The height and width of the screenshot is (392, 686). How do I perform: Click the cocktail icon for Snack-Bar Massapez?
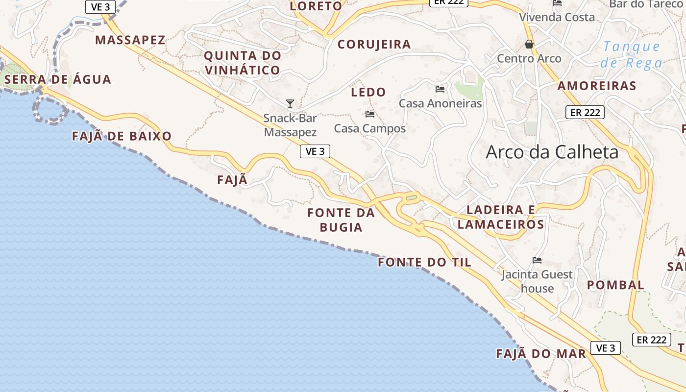290,104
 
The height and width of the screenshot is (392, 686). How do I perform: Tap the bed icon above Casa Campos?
370,114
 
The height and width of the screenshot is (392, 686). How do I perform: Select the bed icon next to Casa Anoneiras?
440,89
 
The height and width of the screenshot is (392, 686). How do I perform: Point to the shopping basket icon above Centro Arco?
529,45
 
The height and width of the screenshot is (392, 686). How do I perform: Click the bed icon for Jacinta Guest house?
537,260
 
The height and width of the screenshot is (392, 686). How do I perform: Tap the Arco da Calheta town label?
552,152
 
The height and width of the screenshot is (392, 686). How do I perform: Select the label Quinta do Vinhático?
243,63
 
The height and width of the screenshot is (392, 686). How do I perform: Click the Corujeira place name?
374,45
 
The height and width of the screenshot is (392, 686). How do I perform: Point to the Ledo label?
368,92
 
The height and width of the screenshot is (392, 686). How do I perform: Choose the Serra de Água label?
58,79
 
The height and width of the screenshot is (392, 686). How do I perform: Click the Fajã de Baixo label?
122,136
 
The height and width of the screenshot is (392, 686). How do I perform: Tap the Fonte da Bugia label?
341,220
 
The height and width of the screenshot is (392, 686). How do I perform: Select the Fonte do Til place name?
424,263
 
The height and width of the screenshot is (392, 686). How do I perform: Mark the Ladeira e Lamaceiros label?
501,217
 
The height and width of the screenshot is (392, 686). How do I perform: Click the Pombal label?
615,285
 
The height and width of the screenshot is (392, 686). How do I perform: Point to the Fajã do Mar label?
541,354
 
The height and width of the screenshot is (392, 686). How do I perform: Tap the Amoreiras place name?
597,86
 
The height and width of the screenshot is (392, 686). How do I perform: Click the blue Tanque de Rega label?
632,54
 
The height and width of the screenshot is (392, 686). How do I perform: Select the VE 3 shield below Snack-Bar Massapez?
315,151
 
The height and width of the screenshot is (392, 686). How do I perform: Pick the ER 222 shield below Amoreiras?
585,112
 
